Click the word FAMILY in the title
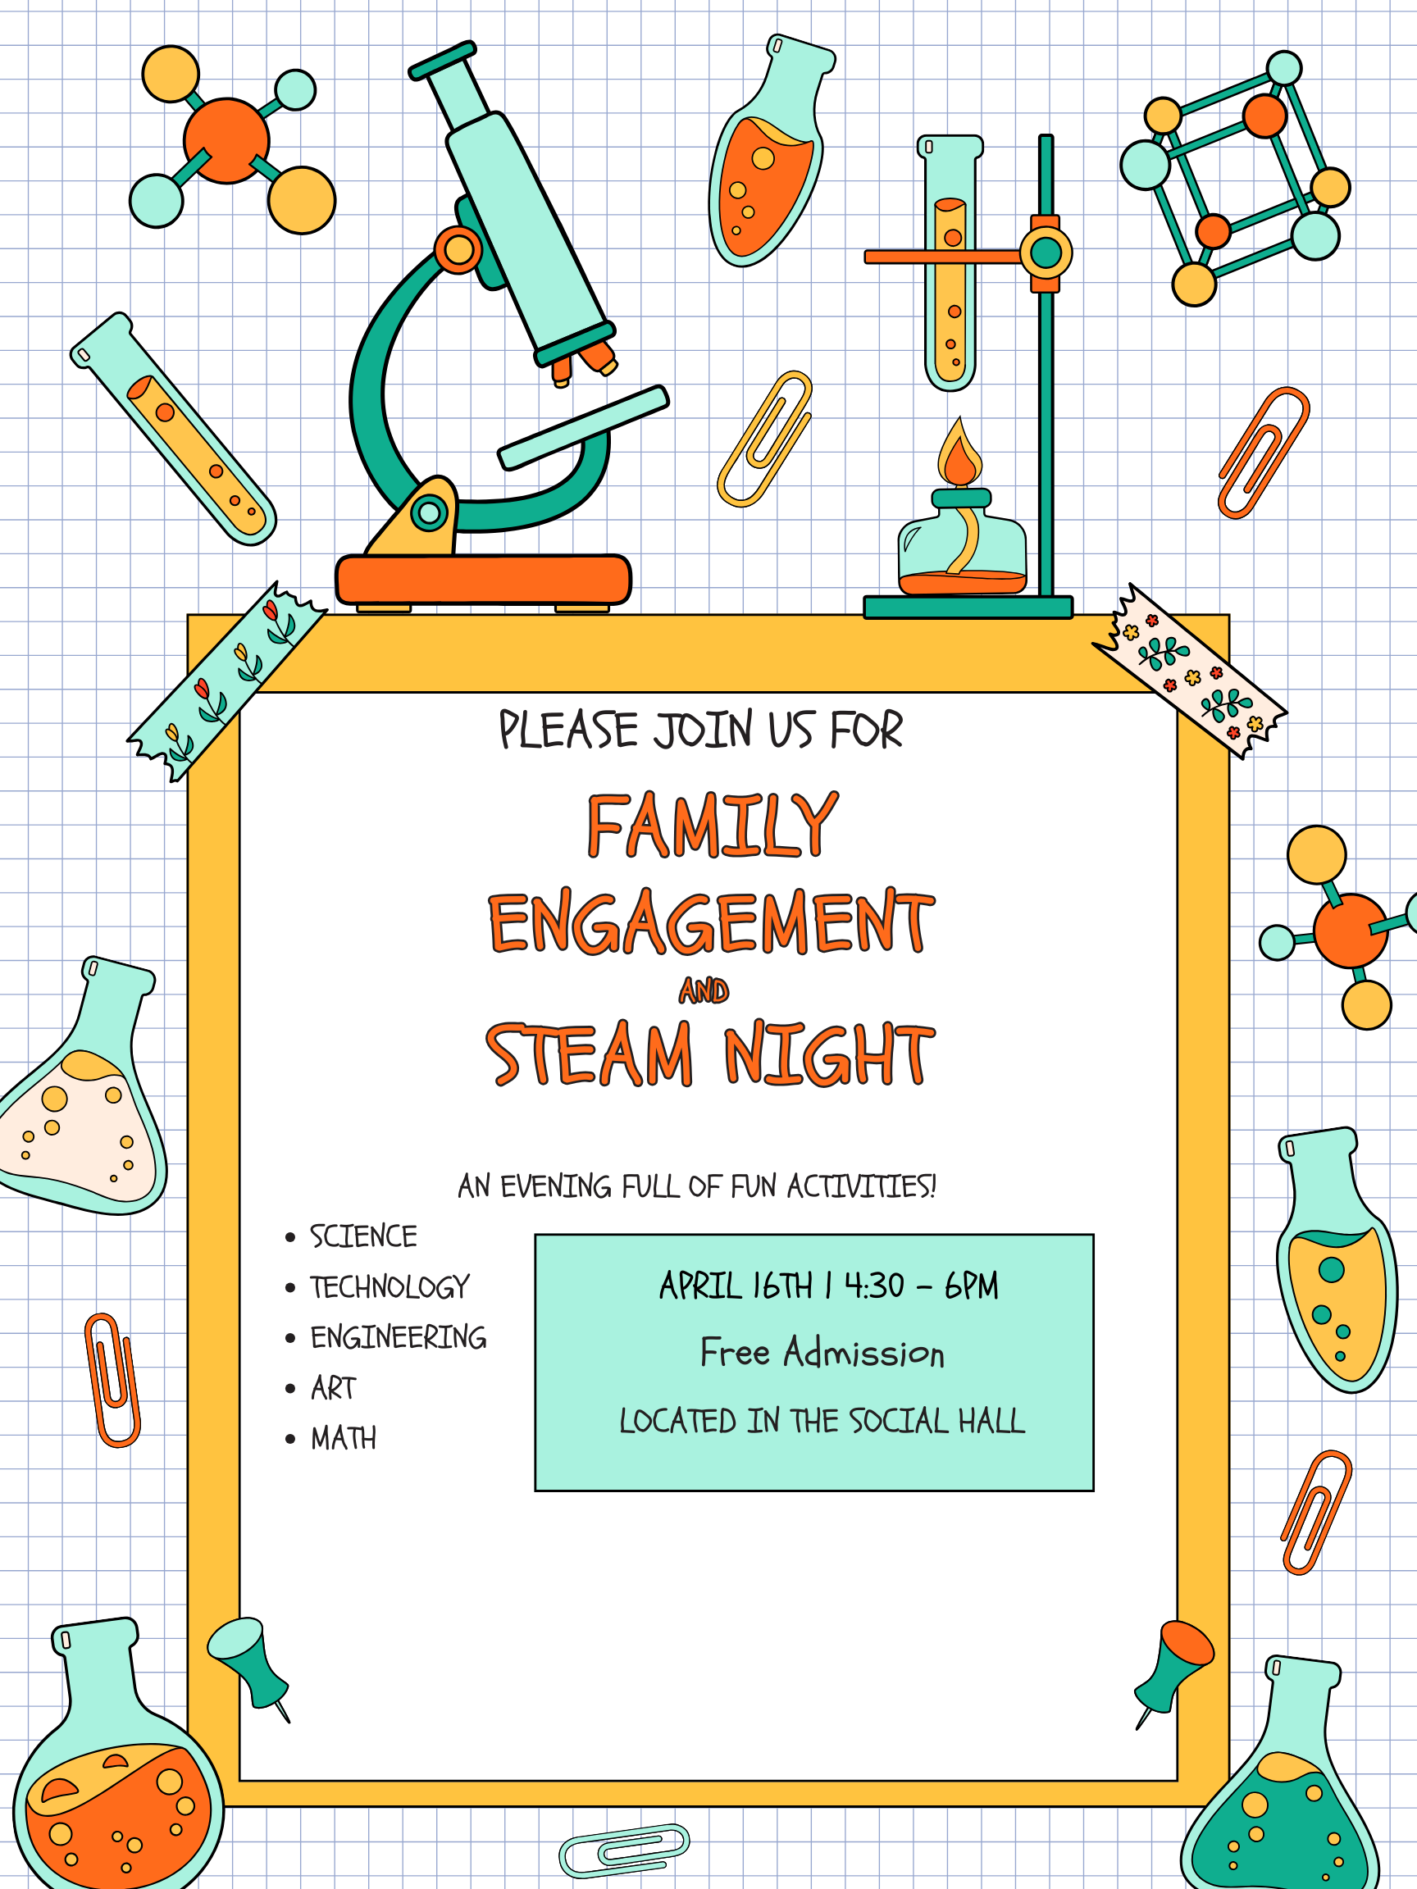tap(713, 825)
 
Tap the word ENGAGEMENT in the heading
tap(712, 922)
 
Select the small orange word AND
tap(704, 990)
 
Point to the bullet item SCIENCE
tap(363, 1236)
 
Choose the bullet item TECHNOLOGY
tap(390, 1287)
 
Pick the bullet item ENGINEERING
tap(398, 1337)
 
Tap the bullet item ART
tap(333, 1388)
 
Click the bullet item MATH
tap(343, 1438)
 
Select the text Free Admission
tap(822, 1353)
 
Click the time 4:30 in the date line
tap(874, 1286)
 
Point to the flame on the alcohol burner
tap(960, 453)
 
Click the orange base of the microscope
tap(484, 580)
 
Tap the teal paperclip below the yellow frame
tap(624, 1851)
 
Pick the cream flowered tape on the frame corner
tap(1190, 671)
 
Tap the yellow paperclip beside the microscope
tap(764, 439)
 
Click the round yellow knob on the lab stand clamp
tap(1046, 253)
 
